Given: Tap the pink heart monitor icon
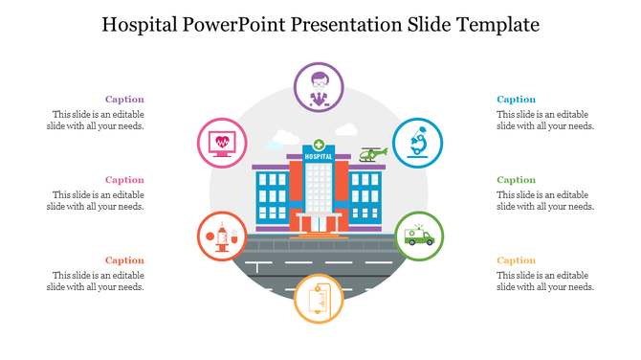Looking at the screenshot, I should coord(222,144).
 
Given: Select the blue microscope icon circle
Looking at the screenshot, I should coord(418,144).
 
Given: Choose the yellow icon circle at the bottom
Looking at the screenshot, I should coord(320,298).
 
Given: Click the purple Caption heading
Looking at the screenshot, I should coord(124,100).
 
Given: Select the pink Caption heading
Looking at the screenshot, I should coord(124,180).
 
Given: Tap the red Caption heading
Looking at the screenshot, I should coord(124,260).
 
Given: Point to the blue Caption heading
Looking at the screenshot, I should coord(517,100).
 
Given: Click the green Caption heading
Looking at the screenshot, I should coord(517,180).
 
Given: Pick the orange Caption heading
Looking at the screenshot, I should coord(517,260).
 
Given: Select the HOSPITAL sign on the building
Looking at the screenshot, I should coord(318,156).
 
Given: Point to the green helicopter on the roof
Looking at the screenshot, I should coord(373,153).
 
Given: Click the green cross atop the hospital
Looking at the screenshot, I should coord(318,145).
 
